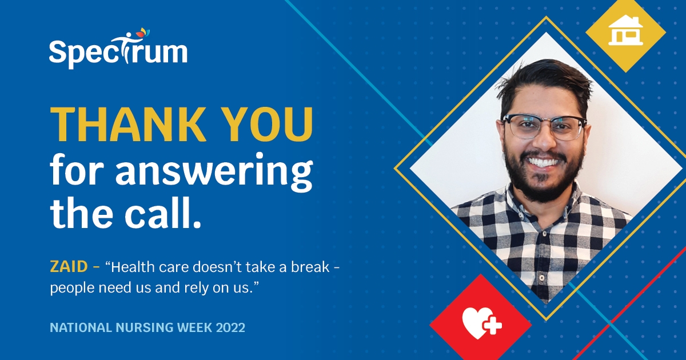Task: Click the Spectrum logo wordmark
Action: (x=117, y=53)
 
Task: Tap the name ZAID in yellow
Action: (x=68, y=267)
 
